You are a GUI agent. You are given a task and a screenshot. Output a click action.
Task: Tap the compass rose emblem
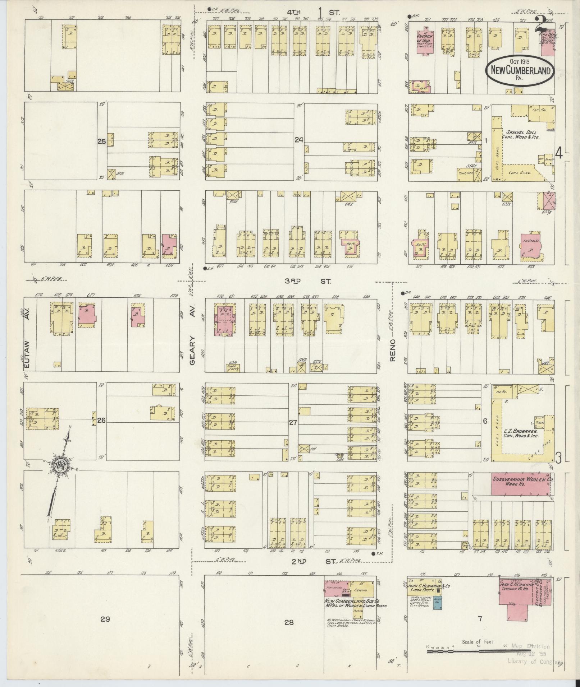click(x=60, y=466)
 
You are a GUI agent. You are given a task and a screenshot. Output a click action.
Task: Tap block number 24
click(x=299, y=140)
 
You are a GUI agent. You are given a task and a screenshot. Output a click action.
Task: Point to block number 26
click(x=101, y=420)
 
